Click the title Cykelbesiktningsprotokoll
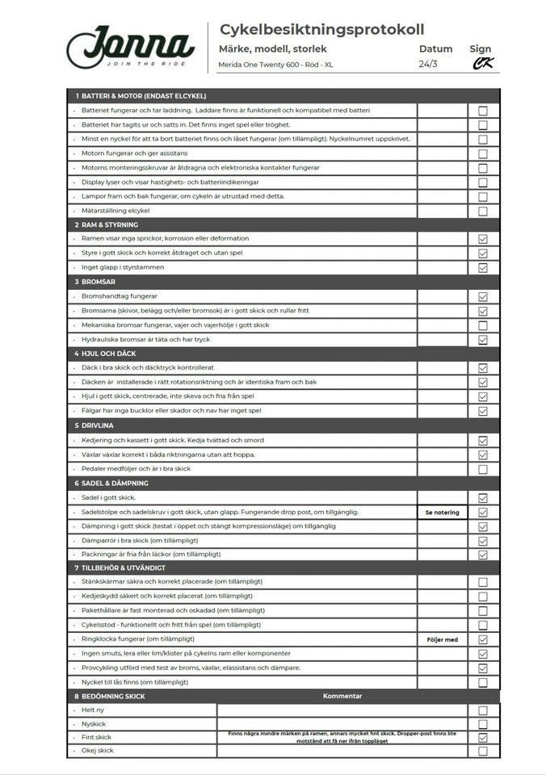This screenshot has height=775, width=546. [321, 30]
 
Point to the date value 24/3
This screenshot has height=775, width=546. [428, 64]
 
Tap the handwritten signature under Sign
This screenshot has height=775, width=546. [482, 64]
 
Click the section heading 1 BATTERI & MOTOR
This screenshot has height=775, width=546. [141, 96]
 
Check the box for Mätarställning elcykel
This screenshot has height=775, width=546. [483, 212]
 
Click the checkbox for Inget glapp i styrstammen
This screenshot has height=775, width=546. [483, 267]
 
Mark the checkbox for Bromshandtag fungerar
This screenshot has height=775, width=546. [483, 297]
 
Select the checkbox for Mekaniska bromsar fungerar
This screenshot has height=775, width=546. [483, 325]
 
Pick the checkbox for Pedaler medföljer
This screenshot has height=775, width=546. [483, 469]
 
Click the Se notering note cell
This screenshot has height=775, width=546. [442, 513]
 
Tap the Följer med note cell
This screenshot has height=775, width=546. [442, 639]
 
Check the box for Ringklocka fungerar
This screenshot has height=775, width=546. [483, 639]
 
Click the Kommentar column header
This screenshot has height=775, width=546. [342, 696]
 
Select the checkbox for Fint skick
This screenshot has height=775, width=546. [483, 737]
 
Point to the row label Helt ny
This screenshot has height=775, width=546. [93, 710]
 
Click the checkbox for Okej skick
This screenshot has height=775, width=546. [483, 751]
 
